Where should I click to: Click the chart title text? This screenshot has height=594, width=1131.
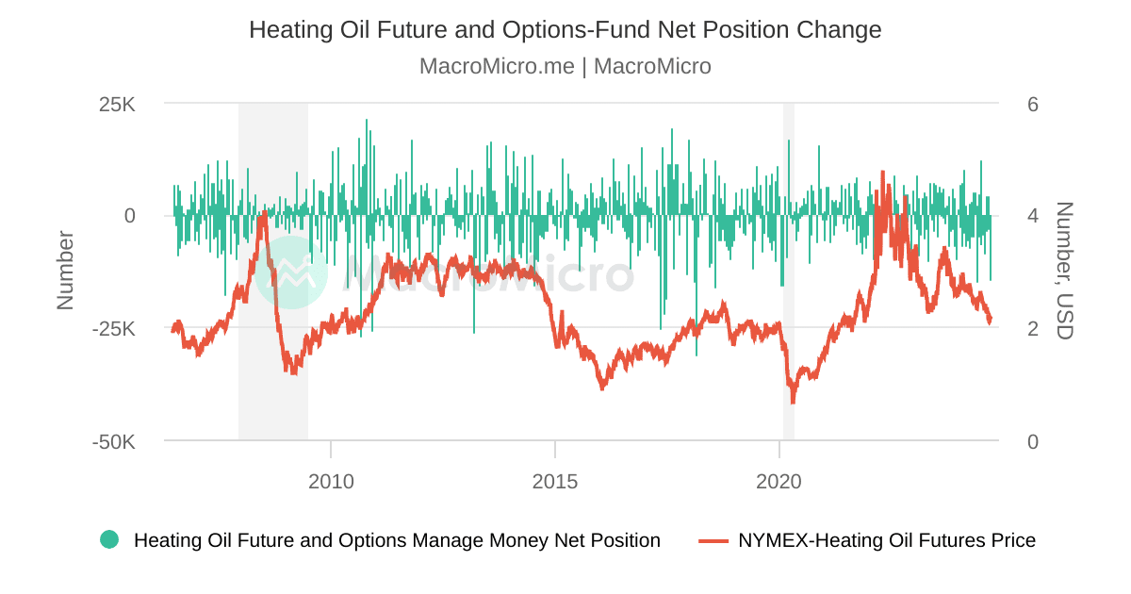[x=565, y=30]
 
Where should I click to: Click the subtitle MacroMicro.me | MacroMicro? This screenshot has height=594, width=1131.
[x=565, y=67]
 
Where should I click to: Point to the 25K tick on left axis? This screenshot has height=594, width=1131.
[x=117, y=104]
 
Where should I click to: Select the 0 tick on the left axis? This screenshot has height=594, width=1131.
[x=129, y=216]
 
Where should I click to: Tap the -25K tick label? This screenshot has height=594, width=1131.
[x=114, y=329]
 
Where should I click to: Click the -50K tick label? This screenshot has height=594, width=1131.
[x=114, y=442]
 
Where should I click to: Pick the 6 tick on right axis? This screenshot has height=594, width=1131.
[x=1032, y=104]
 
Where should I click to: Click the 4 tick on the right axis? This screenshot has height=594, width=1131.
[x=1032, y=216]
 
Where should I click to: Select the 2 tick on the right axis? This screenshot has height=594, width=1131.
[x=1032, y=329]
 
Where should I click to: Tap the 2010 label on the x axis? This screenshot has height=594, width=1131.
[x=332, y=482]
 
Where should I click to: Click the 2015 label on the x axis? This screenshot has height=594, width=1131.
[x=555, y=482]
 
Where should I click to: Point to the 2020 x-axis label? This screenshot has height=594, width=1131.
[x=779, y=482]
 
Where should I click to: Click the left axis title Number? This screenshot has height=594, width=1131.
[x=65, y=271]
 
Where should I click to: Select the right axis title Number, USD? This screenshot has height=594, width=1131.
[x=1064, y=271]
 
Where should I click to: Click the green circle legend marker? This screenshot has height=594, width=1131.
[x=109, y=540]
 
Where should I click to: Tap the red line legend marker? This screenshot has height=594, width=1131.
[x=713, y=540]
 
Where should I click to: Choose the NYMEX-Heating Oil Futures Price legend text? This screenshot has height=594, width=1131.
[x=886, y=540]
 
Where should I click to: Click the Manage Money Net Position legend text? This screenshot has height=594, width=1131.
[x=397, y=540]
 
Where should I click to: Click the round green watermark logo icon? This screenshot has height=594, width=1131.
[x=291, y=272]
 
